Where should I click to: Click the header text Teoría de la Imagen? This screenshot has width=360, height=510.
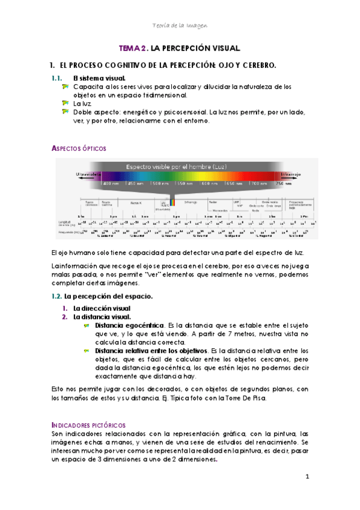pyautogui.click(x=180, y=24)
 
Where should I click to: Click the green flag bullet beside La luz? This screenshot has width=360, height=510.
pyautogui.click(x=66, y=103)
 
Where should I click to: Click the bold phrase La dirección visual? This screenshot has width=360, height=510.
pyautogui.click(x=102, y=309)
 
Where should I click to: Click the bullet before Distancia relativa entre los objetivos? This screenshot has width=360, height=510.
pyautogui.click(x=88, y=351)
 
